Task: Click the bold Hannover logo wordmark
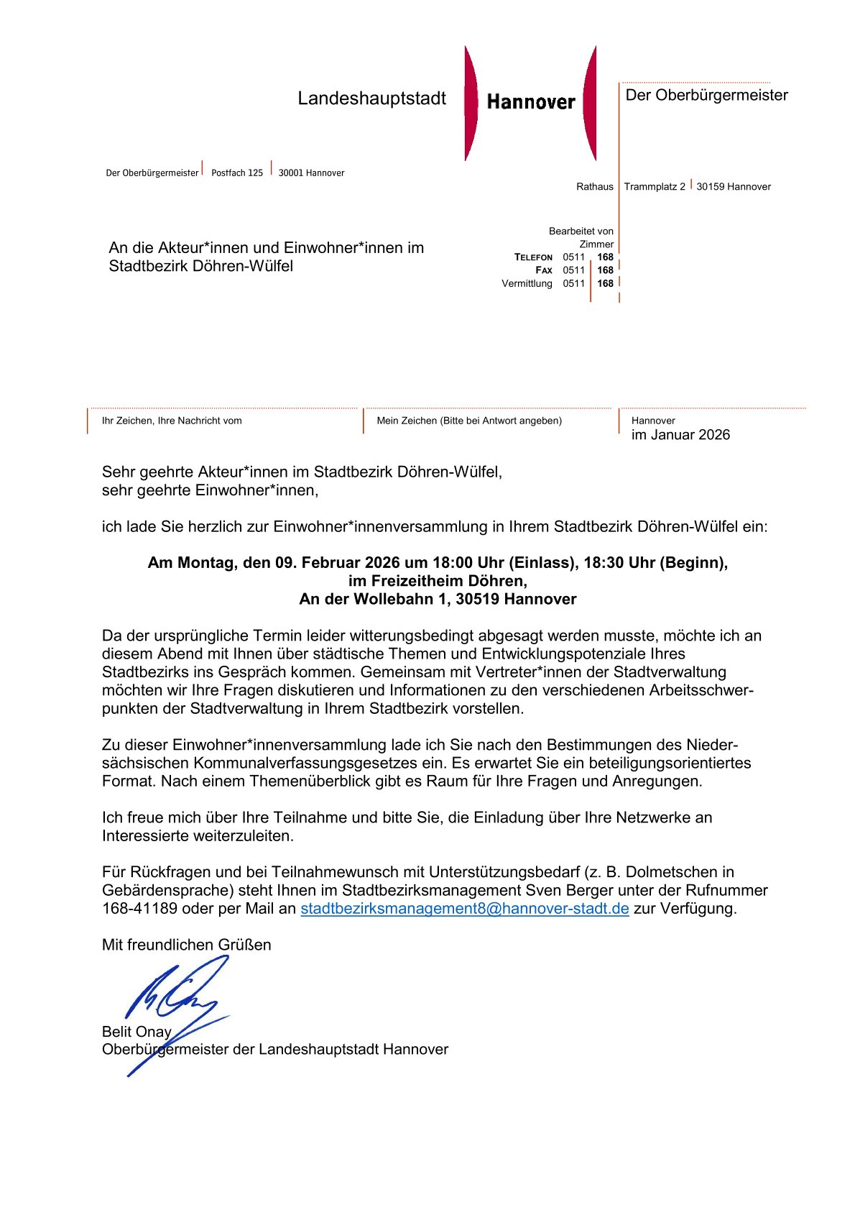(531, 102)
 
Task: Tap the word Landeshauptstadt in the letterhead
(371, 98)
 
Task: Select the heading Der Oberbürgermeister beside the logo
(706, 96)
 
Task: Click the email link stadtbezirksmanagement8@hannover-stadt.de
(464, 909)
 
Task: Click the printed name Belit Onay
(137, 1032)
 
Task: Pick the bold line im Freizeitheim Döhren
(438, 581)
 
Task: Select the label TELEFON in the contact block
(533, 257)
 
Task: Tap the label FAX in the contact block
(544, 270)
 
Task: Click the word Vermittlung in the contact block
(527, 283)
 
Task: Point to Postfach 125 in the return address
(237, 173)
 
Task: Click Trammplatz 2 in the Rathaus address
(655, 187)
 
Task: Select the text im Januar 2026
(680, 435)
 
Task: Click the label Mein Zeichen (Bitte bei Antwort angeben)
(469, 421)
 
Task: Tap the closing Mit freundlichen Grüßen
(187, 945)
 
